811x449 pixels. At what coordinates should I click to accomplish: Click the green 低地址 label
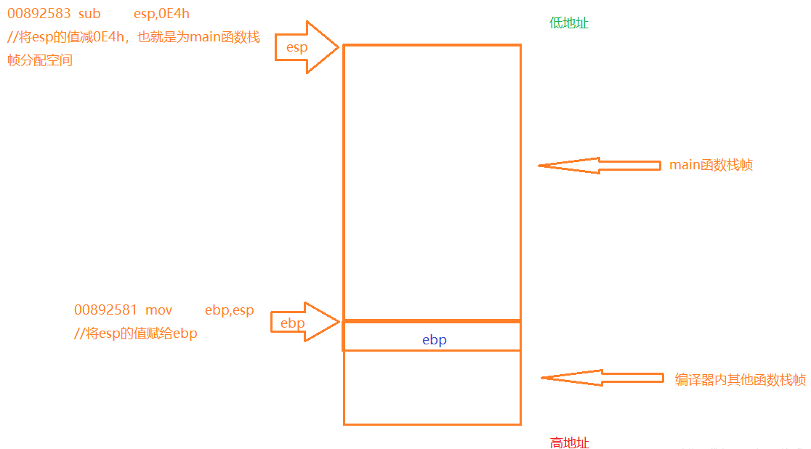click(x=569, y=23)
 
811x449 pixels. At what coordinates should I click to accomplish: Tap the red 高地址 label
click(x=569, y=442)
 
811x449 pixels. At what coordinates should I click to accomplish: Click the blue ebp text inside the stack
click(x=434, y=339)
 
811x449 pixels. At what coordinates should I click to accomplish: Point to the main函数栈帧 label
click(x=711, y=165)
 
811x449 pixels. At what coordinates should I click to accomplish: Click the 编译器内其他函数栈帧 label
click(x=740, y=379)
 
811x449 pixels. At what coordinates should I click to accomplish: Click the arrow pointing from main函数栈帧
click(x=599, y=165)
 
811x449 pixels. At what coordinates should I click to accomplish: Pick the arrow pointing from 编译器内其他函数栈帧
click(x=602, y=378)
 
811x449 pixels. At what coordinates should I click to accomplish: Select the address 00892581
click(x=105, y=310)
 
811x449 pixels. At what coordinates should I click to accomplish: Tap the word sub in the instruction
click(x=89, y=14)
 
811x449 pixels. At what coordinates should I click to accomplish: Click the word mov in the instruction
click(x=158, y=310)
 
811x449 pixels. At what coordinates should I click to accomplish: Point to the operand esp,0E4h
click(x=161, y=14)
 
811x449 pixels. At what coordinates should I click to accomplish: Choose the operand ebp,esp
click(x=229, y=310)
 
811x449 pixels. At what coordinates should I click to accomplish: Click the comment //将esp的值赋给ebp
click(x=136, y=333)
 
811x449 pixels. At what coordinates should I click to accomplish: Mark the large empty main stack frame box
click(x=432, y=182)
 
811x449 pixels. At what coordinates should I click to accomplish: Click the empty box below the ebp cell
click(x=432, y=387)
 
